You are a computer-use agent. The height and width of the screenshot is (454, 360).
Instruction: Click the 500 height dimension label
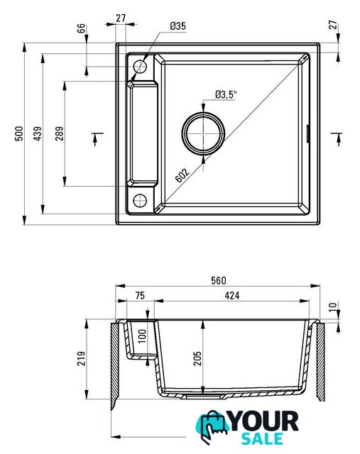[19, 133]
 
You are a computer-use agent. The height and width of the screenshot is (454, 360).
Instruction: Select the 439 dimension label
[38, 133]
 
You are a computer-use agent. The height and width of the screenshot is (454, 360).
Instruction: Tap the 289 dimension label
[60, 133]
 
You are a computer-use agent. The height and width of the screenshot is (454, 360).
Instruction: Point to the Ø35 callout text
[178, 26]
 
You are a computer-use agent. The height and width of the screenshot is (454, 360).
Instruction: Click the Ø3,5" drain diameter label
[226, 94]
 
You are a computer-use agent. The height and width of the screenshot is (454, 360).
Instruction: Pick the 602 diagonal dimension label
[182, 175]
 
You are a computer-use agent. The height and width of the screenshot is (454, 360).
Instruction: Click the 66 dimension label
[82, 28]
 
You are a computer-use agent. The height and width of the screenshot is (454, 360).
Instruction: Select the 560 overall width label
[218, 280]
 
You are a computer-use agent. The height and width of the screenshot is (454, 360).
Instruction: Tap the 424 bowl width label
[232, 295]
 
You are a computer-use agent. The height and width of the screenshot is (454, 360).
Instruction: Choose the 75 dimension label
[140, 295]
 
